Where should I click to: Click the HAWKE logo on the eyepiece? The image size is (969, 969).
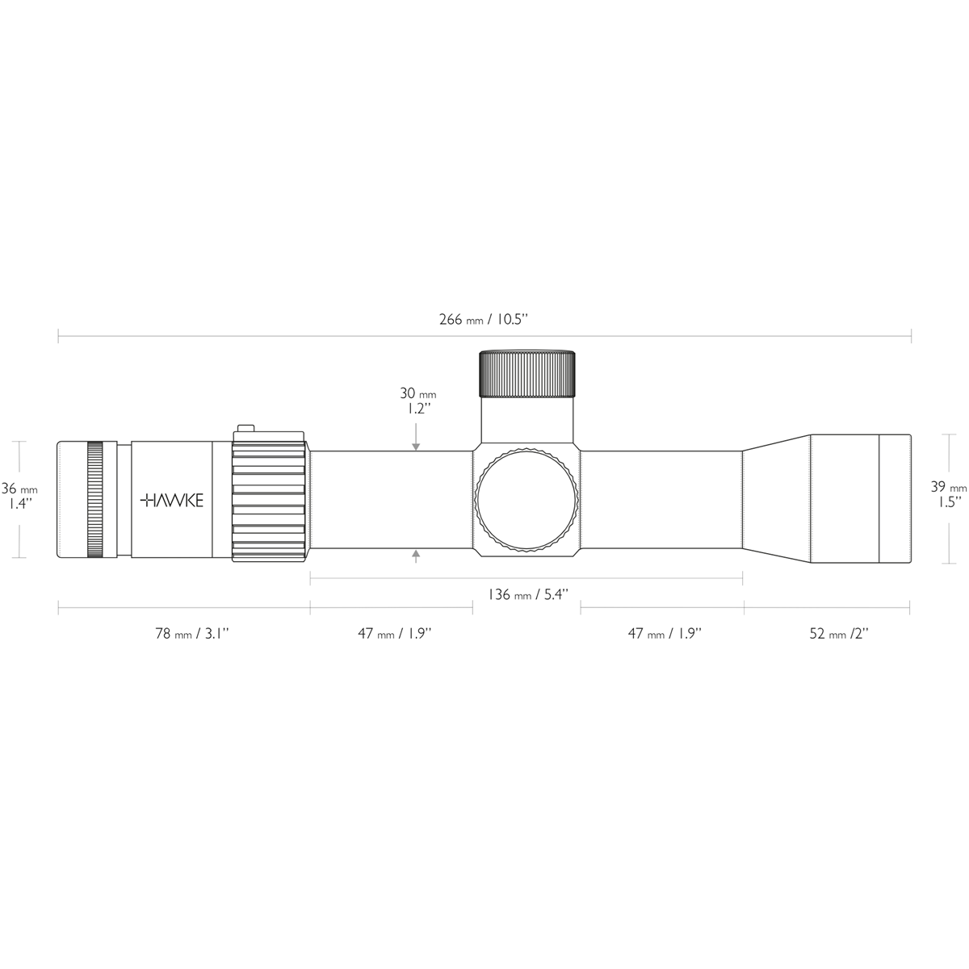click(172, 501)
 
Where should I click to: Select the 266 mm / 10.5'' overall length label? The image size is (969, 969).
click(483, 319)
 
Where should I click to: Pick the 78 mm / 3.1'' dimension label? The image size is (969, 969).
click(192, 634)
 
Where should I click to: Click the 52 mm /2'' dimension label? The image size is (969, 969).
click(838, 634)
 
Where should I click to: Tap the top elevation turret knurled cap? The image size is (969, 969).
click(527, 373)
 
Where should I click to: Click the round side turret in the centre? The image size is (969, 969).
click(527, 500)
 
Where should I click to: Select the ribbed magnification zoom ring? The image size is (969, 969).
click(270, 500)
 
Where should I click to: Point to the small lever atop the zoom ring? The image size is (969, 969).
click(245, 430)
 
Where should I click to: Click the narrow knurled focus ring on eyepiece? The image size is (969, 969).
click(95, 500)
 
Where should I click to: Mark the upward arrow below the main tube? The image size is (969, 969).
click(416, 555)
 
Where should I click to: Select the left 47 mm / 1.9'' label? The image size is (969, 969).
click(395, 634)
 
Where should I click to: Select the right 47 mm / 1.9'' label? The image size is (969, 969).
click(665, 634)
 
